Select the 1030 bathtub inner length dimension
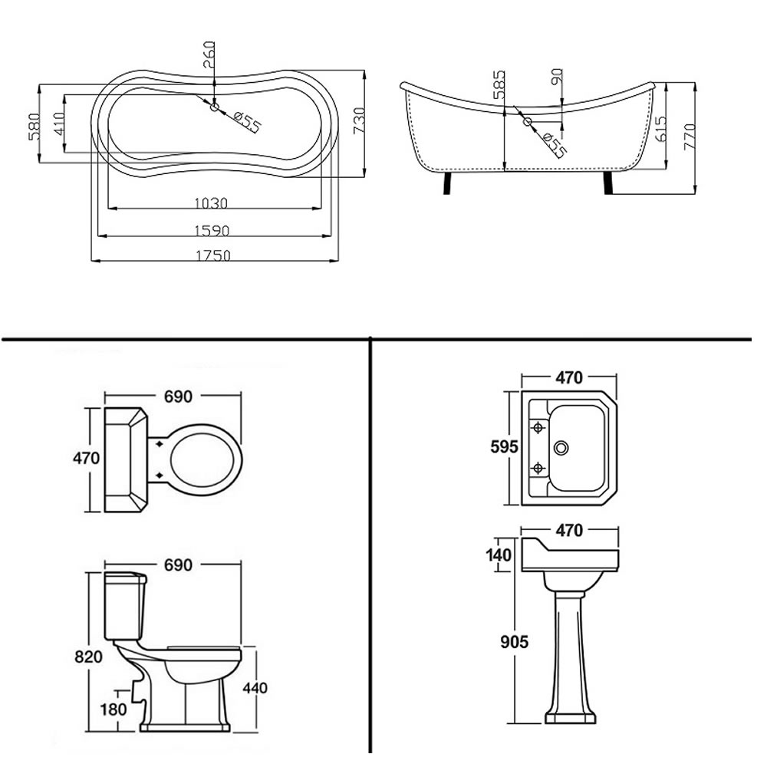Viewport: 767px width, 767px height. [212, 203]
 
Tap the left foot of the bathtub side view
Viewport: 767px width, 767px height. [447, 184]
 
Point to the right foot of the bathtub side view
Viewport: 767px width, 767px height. [610, 184]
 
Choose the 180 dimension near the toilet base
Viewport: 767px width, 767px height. [114, 709]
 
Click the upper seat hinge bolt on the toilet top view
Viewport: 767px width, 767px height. [159, 443]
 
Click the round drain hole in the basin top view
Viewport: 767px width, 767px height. [565, 446]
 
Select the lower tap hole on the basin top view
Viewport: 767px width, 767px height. [538, 467]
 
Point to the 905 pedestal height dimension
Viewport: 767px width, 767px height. [514, 642]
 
